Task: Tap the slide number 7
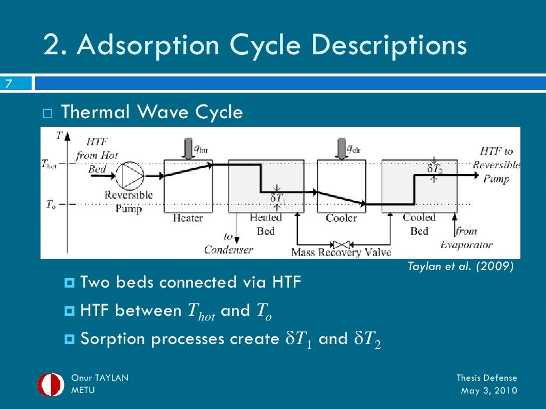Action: [9, 84]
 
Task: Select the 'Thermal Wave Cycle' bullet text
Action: [152, 112]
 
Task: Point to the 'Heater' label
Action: [188, 218]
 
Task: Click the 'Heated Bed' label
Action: [266, 224]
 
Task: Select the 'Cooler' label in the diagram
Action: [341, 218]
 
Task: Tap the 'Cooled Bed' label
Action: [419, 224]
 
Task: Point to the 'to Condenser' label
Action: [228, 243]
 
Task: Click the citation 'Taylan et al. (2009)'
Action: [461, 267]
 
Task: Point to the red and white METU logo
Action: [51, 385]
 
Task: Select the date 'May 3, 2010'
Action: [488, 390]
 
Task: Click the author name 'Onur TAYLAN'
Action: [100, 378]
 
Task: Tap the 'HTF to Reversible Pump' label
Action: [496, 165]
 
